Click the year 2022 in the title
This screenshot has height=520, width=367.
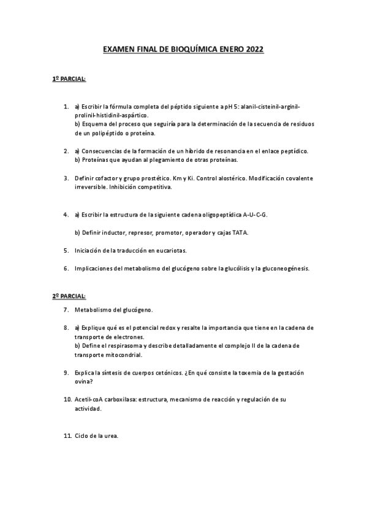pyautogui.click(x=254, y=52)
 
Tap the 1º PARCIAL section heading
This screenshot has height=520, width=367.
pyautogui.click(x=69, y=80)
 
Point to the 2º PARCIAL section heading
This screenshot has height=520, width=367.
pyautogui.click(x=69, y=296)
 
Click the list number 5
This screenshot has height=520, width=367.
pyautogui.click(x=66, y=250)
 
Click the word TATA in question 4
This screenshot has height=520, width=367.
pyautogui.click(x=240, y=233)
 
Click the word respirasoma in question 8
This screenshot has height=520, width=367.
pyautogui.click(x=126, y=346)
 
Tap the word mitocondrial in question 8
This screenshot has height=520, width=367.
pyautogui.click(x=123, y=354)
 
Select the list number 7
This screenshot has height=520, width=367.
pyautogui.click(x=66, y=310)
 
